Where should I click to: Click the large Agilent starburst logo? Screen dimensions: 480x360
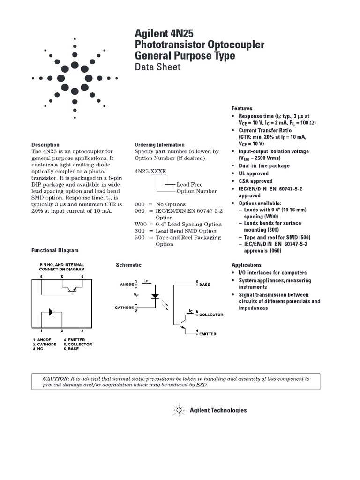pos(75,78)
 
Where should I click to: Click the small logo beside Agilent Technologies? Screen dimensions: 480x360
pos(179,410)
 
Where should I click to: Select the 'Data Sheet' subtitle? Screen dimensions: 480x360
pos(157,67)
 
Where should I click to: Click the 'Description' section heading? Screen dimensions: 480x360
pos(45,145)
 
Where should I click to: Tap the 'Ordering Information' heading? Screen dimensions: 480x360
pos(159,145)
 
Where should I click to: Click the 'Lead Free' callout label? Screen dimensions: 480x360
pos(189,185)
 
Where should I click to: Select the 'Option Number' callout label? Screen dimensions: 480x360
pos(196,191)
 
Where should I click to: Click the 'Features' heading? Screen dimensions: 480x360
pos(242,108)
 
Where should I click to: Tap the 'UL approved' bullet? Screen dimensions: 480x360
pos(255,173)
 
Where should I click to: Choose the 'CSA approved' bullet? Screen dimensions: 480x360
pos(255,181)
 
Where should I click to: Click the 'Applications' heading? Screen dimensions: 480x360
pos(247,265)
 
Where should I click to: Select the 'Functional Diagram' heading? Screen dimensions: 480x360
pos(55,251)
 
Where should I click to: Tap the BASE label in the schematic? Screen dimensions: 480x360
pos(204,285)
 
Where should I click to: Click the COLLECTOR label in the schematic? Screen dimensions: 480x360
pos(212,315)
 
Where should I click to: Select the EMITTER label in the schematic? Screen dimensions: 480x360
pos(208,334)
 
